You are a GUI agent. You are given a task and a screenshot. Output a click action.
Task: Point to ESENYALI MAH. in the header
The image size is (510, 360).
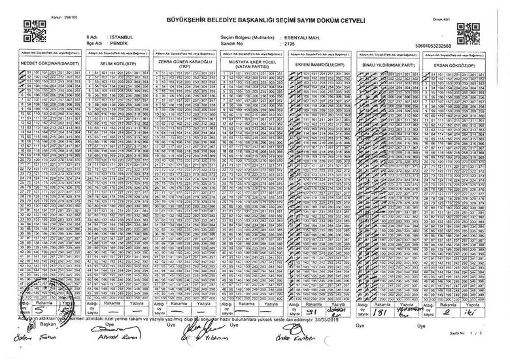(x=273, y=38)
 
